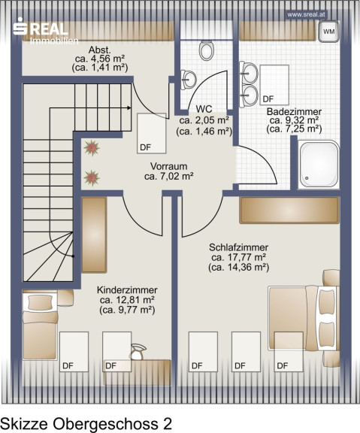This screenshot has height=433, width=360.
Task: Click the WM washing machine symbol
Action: pos(328,32)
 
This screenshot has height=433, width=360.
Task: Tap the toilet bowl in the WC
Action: pos(206,50)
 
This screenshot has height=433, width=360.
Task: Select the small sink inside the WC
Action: pos(189,80)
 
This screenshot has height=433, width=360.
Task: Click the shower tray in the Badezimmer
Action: pos(319,165)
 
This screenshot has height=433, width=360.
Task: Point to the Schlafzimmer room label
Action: pos(238,247)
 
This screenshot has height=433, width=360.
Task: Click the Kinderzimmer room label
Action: pos(127,290)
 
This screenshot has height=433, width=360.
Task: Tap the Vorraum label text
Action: pos(168,166)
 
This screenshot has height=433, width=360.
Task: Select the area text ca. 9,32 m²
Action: pos(295,120)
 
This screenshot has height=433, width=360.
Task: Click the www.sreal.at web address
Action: pos(307,14)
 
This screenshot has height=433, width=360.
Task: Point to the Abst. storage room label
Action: pos(100,50)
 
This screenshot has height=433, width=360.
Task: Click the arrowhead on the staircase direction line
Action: pos(129,108)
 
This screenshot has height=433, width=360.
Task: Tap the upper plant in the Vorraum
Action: pos(92,148)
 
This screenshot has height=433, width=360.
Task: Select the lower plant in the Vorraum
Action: pos(92,178)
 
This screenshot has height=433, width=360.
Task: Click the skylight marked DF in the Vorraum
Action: pos(152,133)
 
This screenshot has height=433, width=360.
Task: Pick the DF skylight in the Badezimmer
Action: pos(274,85)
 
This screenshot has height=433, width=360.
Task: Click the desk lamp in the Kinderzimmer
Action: pos(138,352)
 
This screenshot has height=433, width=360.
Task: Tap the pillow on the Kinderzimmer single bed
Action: pos(41,302)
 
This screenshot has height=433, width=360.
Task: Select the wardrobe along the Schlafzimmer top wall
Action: pos(289,210)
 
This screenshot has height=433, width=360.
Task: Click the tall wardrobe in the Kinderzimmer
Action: pos(94,235)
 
